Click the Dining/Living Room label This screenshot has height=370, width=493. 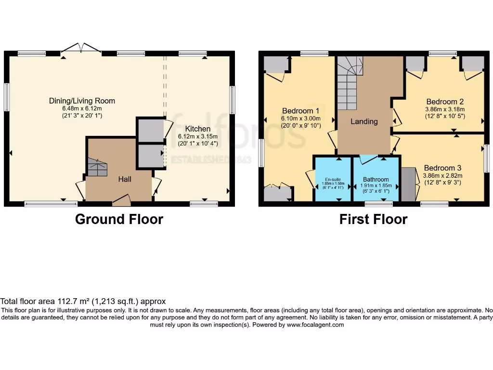point(82,101)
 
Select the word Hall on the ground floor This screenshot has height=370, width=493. point(125,179)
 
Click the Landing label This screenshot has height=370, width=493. point(364,121)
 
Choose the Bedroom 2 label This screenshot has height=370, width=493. point(445,102)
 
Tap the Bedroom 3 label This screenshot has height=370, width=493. point(442,168)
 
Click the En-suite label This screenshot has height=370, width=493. point(333,179)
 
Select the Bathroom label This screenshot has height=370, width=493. point(376,179)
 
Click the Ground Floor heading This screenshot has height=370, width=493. point(119,220)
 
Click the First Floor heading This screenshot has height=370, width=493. point(373,220)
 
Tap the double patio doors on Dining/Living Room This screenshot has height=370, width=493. point(81,48)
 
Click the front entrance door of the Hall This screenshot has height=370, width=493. point(121,199)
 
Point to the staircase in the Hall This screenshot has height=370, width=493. point(97,167)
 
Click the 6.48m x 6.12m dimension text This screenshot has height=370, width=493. point(82,108)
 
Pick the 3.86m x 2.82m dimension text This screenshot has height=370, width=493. point(442,175)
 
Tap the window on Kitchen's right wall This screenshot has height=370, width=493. point(232,100)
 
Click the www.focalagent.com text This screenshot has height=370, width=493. point(316,325)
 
